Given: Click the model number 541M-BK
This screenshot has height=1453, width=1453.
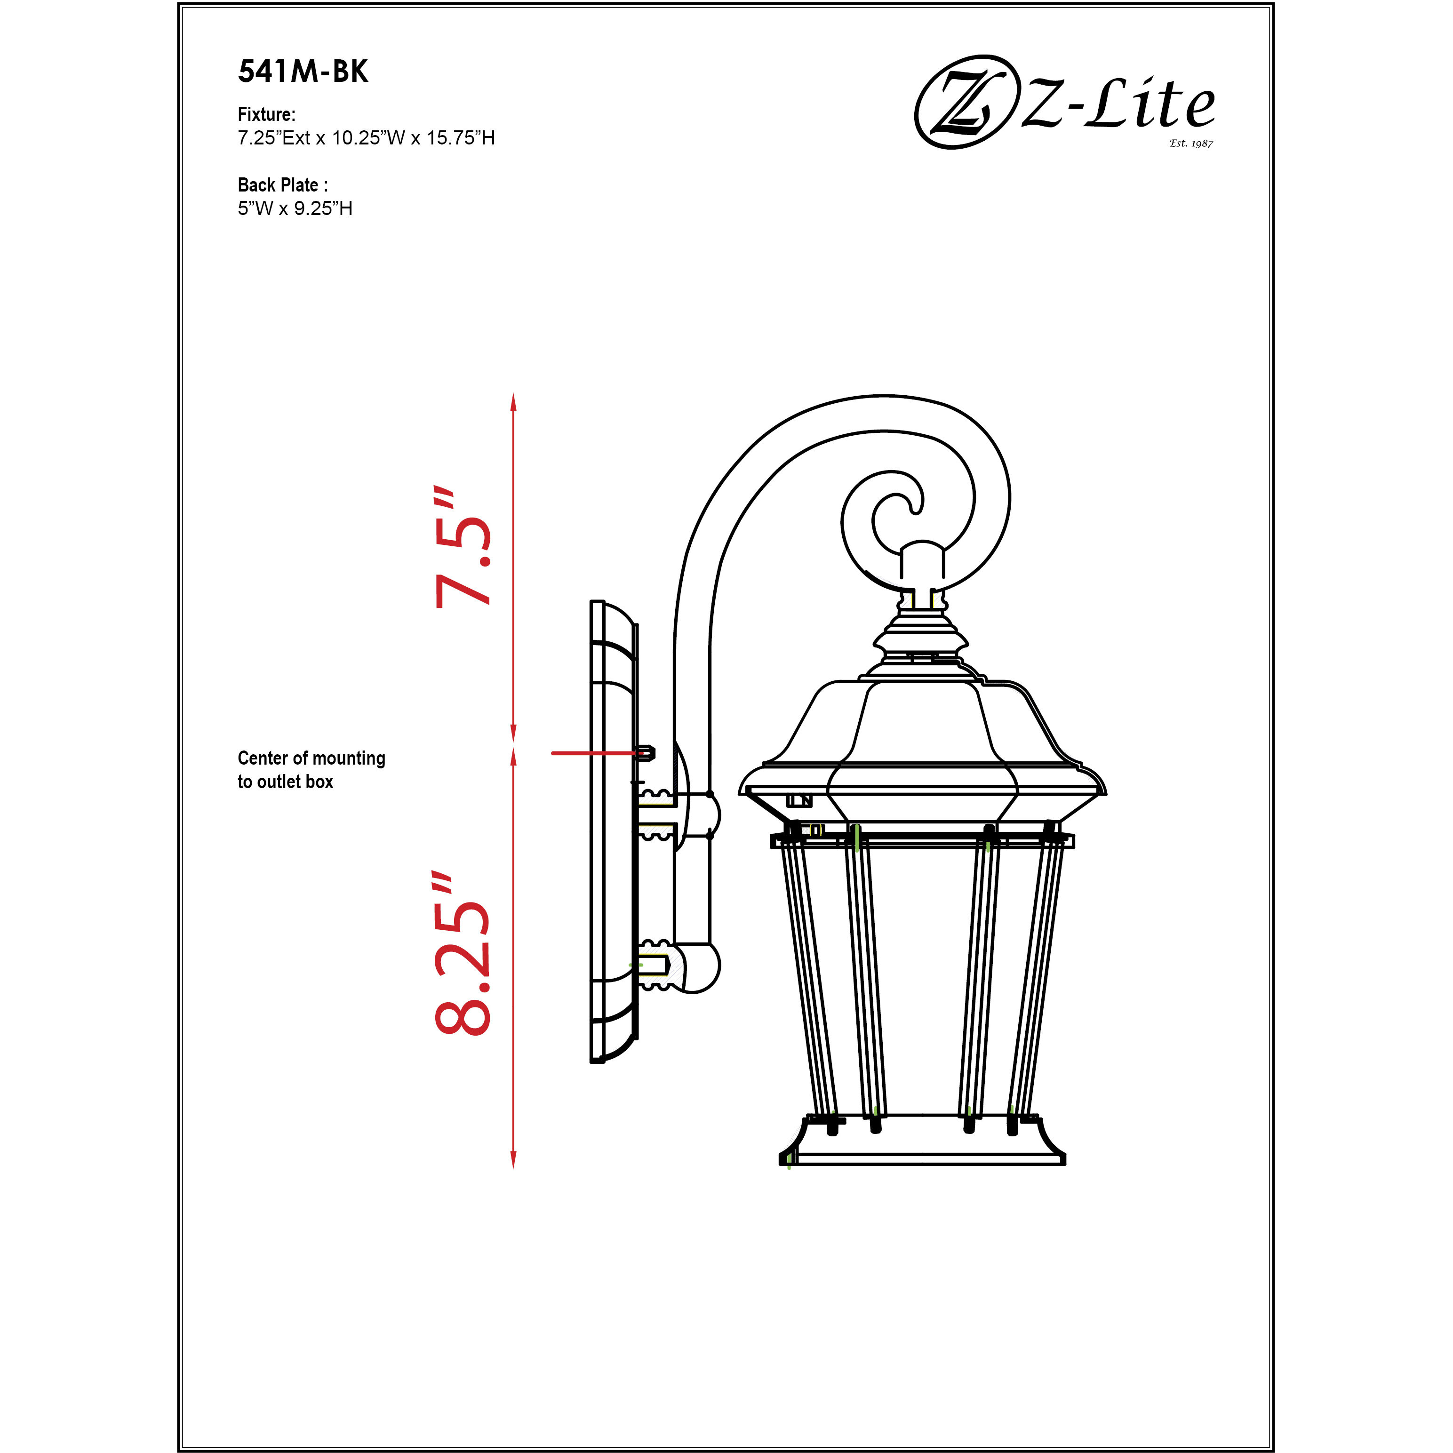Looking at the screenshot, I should [x=303, y=72].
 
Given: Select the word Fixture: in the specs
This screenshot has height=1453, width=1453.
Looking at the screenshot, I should [x=266, y=114].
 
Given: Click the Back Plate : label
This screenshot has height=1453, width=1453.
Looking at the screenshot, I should [x=282, y=185].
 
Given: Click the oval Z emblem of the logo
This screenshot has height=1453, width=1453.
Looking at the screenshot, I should [x=963, y=102].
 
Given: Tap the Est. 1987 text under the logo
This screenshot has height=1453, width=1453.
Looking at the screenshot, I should [x=1190, y=143].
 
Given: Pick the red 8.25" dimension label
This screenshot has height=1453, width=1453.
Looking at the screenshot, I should [x=463, y=954].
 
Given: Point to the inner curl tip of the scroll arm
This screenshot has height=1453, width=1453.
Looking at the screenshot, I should [x=916, y=508].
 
